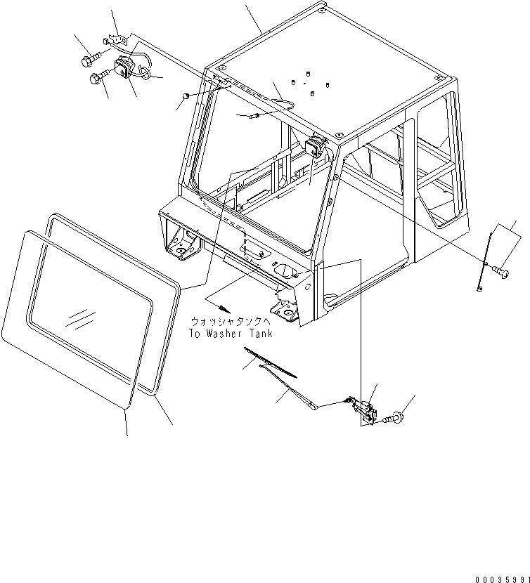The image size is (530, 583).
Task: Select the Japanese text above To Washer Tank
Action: [x=231, y=321]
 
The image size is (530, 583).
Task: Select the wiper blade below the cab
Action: [x=271, y=362]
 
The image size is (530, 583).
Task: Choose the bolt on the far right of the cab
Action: [x=501, y=268]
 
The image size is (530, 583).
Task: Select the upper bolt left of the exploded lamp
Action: [x=91, y=61]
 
